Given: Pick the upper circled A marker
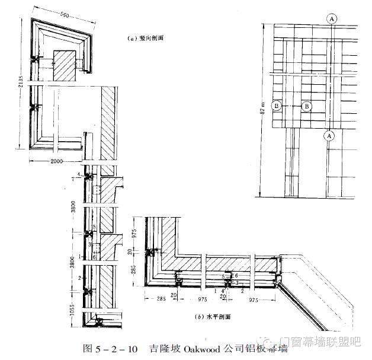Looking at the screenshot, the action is [332, 19].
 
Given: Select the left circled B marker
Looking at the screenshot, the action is [275, 106].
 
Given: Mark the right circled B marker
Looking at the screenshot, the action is [306, 106].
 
